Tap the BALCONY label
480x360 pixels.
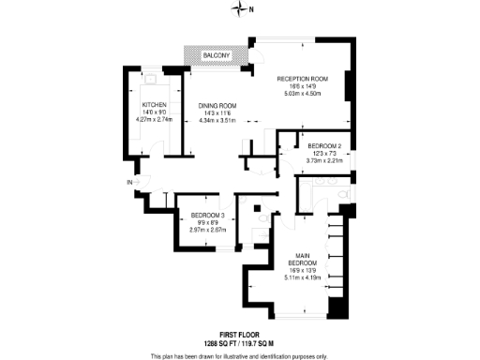pyautogui.click(x=216, y=57)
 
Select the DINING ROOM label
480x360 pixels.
pyautogui.click(x=217, y=104)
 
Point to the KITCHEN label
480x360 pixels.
pyautogui.click(x=155, y=104)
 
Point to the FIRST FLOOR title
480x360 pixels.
pyautogui.click(x=239, y=335)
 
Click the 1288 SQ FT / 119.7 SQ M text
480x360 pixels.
pyautogui.click(x=239, y=343)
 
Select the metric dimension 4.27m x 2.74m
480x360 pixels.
pyautogui.click(x=155, y=119)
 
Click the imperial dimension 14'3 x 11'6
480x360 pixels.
pyautogui.click(x=217, y=112)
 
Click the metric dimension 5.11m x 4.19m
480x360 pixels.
pyautogui.click(x=302, y=277)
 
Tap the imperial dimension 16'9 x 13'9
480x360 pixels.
pyautogui.click(x=302, y=270)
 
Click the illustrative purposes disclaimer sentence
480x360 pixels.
pyautogui.click(x=239, y=355)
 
